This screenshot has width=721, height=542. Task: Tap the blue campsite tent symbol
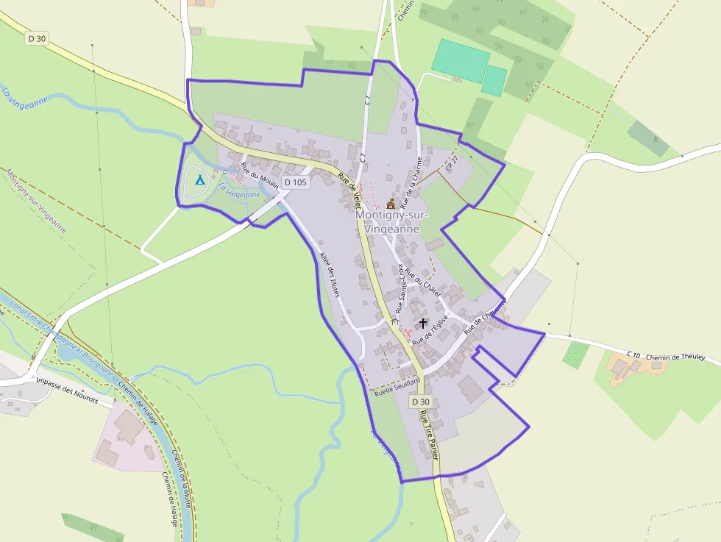199,179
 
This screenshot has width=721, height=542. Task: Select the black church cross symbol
423,323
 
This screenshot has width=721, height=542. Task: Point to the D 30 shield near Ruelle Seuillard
420,402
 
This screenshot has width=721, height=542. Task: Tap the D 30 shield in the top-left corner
36,38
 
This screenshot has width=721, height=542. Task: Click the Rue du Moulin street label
259,176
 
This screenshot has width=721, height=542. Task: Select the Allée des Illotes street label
330,274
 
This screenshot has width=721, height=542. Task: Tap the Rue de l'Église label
431,331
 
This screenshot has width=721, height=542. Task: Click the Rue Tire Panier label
429,435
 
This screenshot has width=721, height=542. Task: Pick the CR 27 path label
452,163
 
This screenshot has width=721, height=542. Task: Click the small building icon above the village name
391,203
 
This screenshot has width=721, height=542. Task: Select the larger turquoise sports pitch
461,60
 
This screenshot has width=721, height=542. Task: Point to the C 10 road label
634,355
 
